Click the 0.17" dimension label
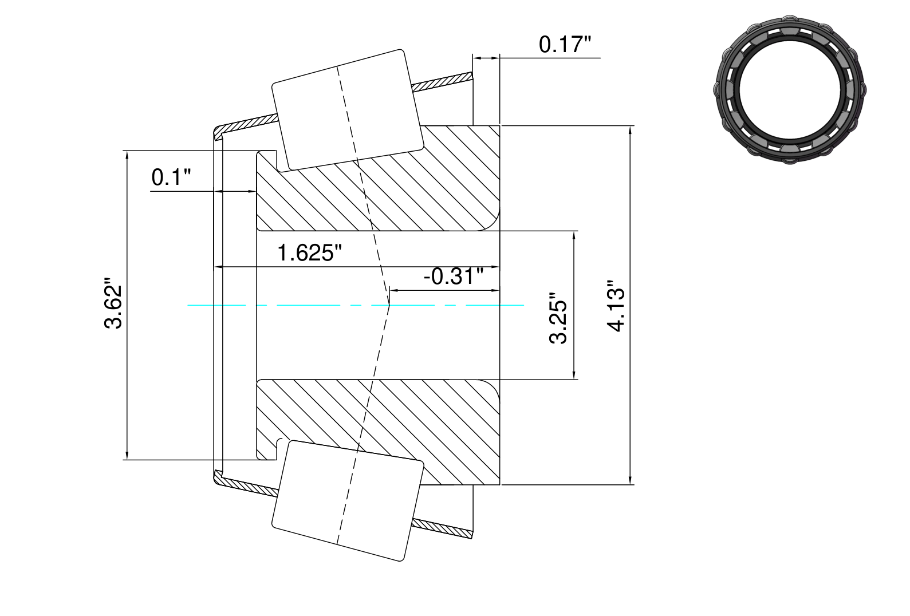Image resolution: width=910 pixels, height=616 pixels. (565, 45)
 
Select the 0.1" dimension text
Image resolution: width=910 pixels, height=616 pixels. (170, 177)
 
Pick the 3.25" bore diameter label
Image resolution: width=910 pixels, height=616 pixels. (558, 318)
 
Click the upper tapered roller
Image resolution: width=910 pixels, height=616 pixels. (348, 110)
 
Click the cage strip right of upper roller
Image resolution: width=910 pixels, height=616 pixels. (442, 82)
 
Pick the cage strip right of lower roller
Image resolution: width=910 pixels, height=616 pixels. (442, 528)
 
